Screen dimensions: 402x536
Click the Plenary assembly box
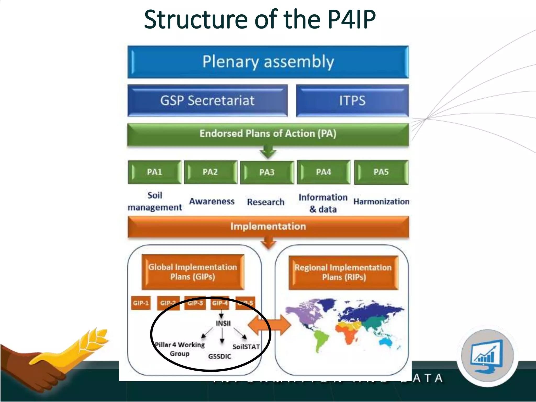click(268, 62)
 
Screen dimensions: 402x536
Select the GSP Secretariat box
click(207, 100)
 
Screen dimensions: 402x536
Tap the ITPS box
click(352, 100)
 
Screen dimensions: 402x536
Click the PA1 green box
click(154, 172)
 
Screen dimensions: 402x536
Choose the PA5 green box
click(381, 172)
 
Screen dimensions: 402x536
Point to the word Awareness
click(212, 201)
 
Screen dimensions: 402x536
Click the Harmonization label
click(381, 202)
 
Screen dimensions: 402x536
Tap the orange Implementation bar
click(268, 226)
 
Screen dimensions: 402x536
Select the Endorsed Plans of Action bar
click(268, 134)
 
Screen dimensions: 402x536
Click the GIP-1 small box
click(141, 303)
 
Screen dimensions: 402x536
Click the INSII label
click(223, 323)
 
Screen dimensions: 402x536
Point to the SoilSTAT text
click(246, 347)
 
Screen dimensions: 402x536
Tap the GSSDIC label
click(220, 356)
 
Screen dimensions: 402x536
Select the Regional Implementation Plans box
click(343, 272)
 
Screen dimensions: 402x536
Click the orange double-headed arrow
click(269, 325)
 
